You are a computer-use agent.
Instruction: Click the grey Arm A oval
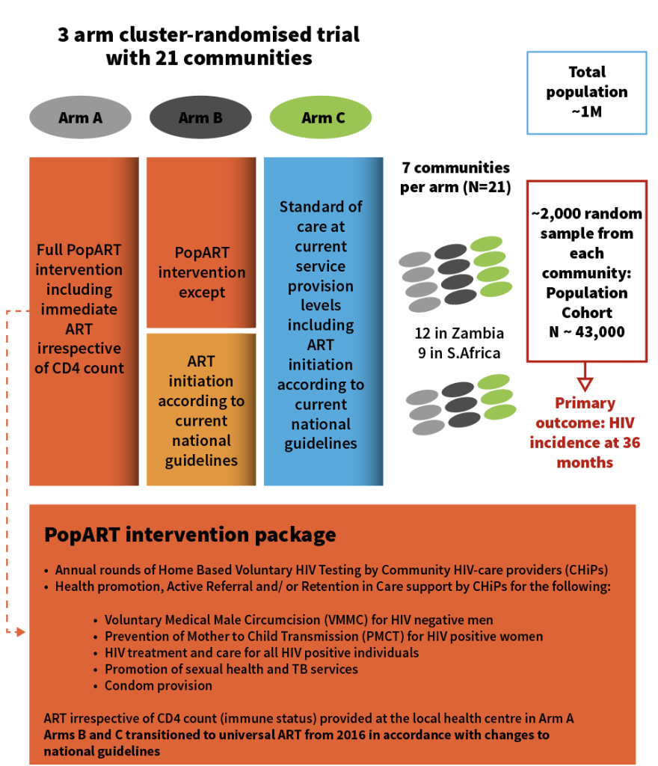(80, 117)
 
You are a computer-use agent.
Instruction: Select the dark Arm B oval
(200, 117)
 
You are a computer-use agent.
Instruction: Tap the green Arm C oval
(321, 117)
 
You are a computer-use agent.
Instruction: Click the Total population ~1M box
(587, 93)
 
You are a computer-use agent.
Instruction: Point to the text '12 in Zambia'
(459, 333)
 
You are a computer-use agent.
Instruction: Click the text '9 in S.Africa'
(459, 353)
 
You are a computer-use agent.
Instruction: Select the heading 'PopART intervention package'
(190, 535)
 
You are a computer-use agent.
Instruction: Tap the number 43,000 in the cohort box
(600, 331)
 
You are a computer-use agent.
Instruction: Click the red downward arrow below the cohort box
(585, 377)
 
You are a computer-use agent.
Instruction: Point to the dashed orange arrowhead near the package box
(20, 632)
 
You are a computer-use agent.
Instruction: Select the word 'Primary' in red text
(585, 403)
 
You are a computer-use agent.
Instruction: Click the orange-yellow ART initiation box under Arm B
(201, 409)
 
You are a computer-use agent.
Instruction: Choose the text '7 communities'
(455, 168)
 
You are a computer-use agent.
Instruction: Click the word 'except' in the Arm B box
(202, 292)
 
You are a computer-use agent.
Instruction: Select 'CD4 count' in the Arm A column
(88, 368)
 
